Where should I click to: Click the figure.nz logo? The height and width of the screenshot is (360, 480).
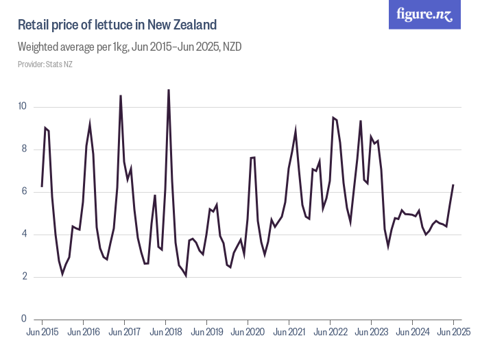point(425,14)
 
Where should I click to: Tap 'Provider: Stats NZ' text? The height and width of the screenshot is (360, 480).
point(45,64)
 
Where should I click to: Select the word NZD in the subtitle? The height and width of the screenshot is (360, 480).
point(230,47)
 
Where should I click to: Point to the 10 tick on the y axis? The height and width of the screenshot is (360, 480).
point(22,106)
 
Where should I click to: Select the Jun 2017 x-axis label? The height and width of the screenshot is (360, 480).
point(124,333)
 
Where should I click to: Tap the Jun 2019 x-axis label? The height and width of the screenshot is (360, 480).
point(206,333)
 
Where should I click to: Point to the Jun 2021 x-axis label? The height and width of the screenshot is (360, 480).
point(289,333)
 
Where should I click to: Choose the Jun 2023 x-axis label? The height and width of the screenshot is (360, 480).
point(371,333)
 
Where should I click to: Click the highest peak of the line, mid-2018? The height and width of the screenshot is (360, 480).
point(169,90)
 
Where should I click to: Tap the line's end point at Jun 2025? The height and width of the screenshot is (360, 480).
point(453,184)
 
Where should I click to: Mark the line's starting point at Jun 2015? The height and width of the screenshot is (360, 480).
point(42,187)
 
